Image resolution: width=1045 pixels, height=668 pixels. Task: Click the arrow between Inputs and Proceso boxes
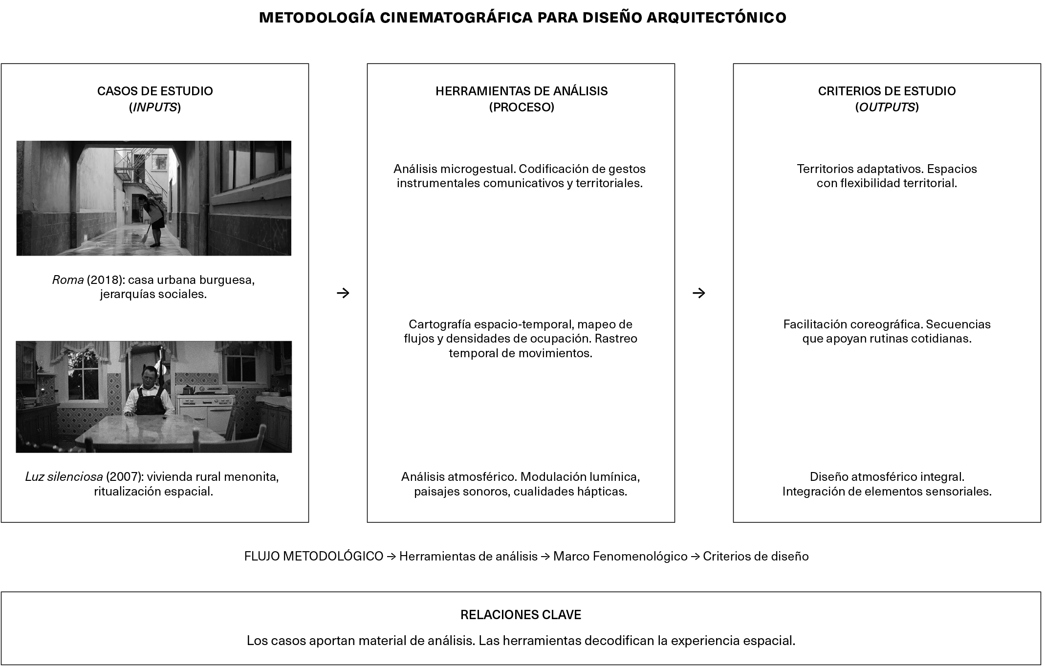(343, 293)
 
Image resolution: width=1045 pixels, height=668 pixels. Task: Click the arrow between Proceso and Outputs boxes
(699, 293)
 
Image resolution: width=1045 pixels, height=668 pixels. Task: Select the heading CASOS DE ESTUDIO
(155, 91)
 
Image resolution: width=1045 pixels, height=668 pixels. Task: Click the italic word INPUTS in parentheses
(155, 108)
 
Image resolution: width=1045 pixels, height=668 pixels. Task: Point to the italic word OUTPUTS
(887, 108)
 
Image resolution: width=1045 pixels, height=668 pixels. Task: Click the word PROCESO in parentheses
(522, 108)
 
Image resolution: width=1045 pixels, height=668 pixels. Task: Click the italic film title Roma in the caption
(68, 280)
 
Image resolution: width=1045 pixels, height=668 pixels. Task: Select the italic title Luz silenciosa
(64, 477)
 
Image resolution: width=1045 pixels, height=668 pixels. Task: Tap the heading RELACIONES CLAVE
(521, 615)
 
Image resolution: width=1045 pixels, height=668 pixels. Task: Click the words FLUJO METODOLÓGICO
(314, 557)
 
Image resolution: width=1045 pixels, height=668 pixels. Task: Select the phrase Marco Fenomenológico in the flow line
(620, 557)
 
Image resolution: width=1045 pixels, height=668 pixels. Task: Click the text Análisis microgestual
(454, 169)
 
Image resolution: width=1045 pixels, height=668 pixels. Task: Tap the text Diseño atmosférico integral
(887, 477)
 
